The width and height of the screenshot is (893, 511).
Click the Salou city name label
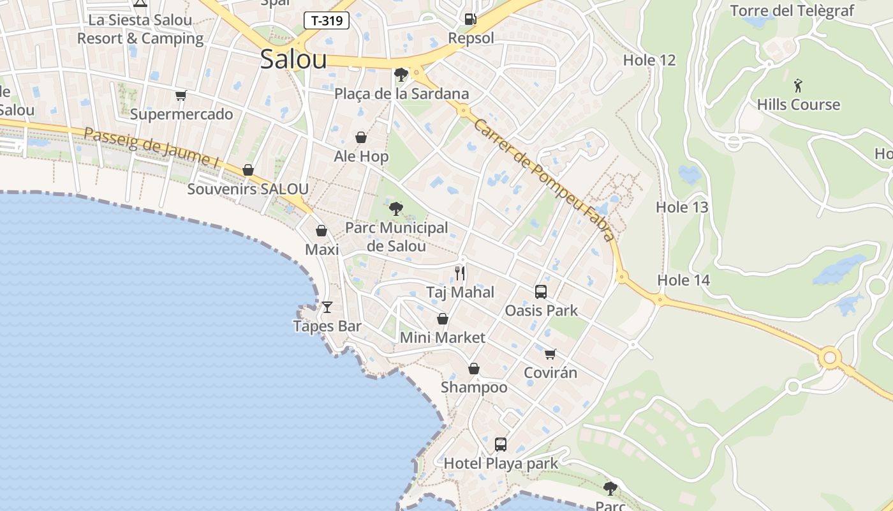(x=293, y=59)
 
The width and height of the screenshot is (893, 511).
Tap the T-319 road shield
(x=327, y=20)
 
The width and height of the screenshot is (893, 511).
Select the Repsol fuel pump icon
(x=470, y=19)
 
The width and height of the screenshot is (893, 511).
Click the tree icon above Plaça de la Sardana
(x=401, y=75)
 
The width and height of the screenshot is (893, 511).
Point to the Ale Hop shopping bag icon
(x=361, y=137)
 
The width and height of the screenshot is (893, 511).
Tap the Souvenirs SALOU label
(x=247, y=189)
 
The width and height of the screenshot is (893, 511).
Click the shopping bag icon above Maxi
(x=321, y=231)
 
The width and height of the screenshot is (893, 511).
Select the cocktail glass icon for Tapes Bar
(x=327, y=307)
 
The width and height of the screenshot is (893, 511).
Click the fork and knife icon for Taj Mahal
(x=460, y=273)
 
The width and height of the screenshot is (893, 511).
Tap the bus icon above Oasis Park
(x=541, y=292)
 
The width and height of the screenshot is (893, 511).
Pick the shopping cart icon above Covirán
(x=550, y=354)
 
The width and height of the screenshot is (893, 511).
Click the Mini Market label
(x=442, y=337)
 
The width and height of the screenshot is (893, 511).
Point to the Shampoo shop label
(x=474, y=387)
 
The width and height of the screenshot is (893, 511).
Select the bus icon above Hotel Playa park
(x=501, y=444)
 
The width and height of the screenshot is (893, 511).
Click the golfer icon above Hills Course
(x=798, y=85)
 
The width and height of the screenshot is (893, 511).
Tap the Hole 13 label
(x=682, y=207)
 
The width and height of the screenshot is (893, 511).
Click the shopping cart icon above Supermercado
(x=181, y=96)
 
